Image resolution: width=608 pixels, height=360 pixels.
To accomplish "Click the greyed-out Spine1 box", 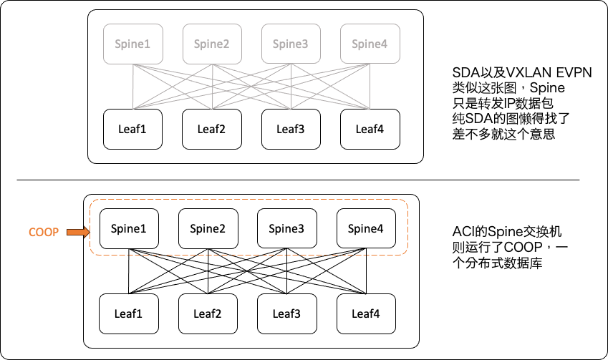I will click(133, 44).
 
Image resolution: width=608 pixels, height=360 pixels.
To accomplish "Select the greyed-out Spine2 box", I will click(212, 44).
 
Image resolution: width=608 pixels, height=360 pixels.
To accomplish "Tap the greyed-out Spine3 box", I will click(291, 44).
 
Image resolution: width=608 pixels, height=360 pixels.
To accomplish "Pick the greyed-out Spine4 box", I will click(370, 44).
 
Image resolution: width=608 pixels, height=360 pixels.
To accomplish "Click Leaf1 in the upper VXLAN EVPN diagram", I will click(133, 129).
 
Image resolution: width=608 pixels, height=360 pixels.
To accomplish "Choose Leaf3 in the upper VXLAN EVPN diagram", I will click(291, 129).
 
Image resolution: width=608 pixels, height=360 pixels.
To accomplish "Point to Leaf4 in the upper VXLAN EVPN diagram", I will click(370, 129).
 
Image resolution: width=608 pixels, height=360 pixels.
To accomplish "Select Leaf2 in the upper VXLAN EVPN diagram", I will click(212, 129).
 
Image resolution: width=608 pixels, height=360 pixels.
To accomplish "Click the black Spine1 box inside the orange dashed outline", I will click(129, 229).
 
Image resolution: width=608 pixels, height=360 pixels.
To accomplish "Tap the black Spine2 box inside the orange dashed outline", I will click(208, 229).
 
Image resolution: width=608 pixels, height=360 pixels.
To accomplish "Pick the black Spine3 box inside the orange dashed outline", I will click(286, 229).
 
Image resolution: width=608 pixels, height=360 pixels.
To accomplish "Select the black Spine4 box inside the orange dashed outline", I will click(365, 229).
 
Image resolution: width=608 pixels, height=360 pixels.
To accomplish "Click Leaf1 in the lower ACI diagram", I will click(129, 313).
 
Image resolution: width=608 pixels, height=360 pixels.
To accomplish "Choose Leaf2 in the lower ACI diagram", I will click(208, 313).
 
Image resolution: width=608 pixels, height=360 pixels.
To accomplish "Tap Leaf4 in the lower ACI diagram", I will click(365, 313).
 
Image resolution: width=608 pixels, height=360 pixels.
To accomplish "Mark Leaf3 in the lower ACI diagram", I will click(286, 313).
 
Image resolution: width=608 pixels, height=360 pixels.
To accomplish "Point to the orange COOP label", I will click(43, 231).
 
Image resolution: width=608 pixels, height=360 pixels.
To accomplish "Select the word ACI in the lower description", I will click(463, 231).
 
